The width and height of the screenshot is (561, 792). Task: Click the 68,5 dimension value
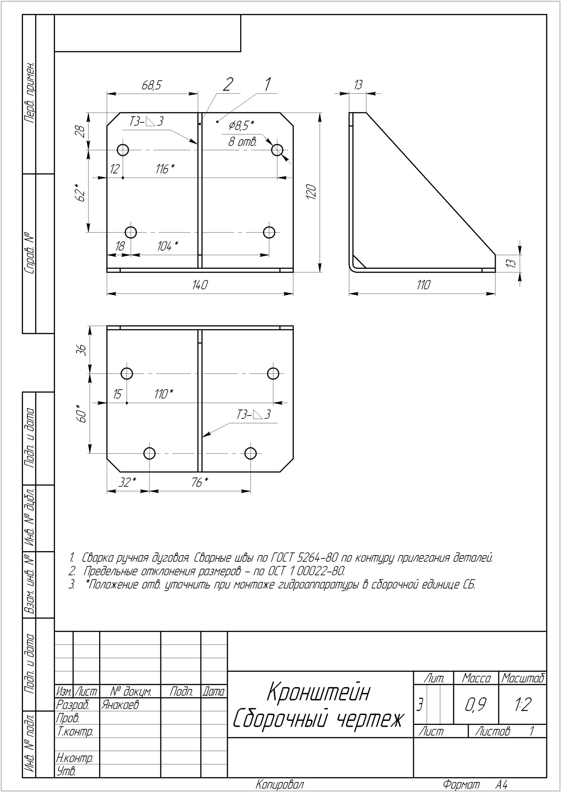pos(151,86)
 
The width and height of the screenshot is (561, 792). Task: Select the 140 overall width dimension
pos(200,285)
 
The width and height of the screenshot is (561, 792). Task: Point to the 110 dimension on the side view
pos(423,285)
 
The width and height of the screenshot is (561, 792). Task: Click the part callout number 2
pos(228,84)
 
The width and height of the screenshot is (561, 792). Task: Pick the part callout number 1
pos(268,84)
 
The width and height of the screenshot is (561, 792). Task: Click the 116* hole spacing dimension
pos(165,169)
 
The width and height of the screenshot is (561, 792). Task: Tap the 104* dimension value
pos(168,246)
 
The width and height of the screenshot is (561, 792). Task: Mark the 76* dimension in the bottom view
pos(200,482)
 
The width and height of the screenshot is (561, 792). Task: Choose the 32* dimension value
pos(128,482)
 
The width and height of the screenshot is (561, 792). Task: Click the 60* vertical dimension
pos(81,413)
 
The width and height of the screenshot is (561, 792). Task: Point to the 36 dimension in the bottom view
pos(81,350)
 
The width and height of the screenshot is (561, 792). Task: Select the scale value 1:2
pos(522,705)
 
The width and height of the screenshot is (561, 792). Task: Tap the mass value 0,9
pos(476,705)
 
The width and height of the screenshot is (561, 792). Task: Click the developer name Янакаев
pos(120,705)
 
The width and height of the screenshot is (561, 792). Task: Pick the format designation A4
pos(502,784)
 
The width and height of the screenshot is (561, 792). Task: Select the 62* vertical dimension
pos(81,192)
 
